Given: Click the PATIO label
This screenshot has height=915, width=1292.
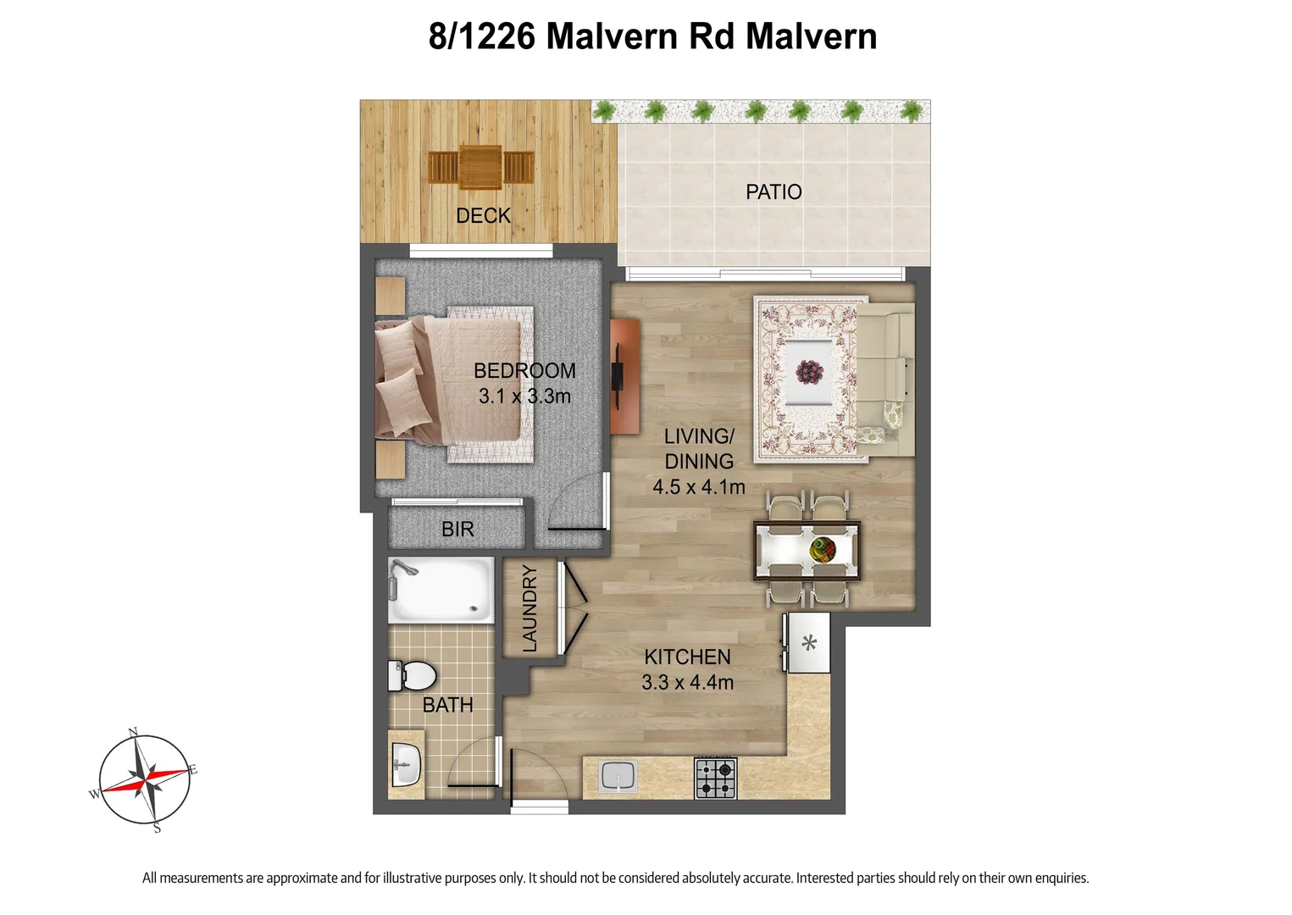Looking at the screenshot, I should click(x=773, y=192).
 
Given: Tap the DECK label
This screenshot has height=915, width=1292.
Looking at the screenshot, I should click(x=483, y=216).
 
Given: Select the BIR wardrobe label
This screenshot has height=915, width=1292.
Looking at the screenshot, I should click(x=457, y=530).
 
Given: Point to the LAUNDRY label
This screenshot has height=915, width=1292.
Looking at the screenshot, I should click(x=530, y=608).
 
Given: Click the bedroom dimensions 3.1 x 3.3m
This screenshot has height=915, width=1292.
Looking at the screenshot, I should click(x=524, y=396).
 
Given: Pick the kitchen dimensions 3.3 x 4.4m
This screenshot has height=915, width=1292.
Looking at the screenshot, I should click(x=687, y=682).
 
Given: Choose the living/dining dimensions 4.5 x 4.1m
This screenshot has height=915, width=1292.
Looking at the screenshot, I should click(x=698, y=487).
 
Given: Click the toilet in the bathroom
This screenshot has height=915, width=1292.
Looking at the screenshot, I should click(x=413, y=676).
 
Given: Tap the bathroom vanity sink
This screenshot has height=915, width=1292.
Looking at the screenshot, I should click(x=407, y=765).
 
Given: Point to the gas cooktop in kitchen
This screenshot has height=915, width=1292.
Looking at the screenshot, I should click(x=716, y=779).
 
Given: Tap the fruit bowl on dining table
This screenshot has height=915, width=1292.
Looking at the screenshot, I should click(x=823, y=549).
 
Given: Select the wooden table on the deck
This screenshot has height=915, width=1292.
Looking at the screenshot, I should click(x=480, y=168).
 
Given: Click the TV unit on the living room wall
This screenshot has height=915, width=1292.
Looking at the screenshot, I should click(x=624, y=375).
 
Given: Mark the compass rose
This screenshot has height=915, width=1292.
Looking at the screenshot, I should click(x=146, y=779).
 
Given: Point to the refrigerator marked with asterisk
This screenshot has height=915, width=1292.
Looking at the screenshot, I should click(x=809, y=643).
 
